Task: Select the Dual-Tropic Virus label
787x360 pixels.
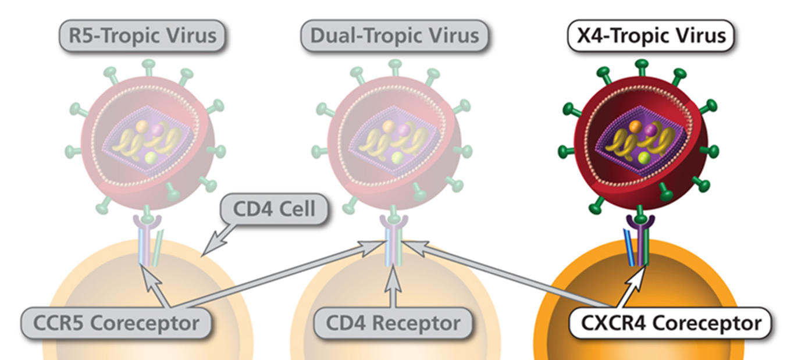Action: click(394, 35)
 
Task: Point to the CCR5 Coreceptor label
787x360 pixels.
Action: click(116, 323)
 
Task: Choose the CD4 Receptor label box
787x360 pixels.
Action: click(393, 323)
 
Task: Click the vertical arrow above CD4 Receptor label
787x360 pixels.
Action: click(394, 282)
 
